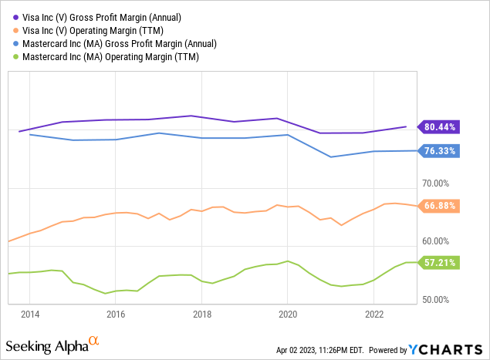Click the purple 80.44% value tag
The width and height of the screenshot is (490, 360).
[441, 127]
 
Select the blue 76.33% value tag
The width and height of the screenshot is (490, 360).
[441, 151]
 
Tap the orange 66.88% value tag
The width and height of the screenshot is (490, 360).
[441, 206]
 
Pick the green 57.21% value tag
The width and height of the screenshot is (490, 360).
[441, 263]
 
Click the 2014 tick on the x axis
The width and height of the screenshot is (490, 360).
[29, 314]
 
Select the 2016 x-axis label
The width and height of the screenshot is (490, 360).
[116, 314]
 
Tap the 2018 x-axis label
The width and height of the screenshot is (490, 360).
[202, 314]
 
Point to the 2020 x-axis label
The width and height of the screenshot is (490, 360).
[288, 314]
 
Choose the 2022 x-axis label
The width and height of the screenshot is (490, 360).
[374, 314]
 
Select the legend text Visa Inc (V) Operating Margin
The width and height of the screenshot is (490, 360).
[87, 30]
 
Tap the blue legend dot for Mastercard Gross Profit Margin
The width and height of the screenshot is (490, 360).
[12, 43]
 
